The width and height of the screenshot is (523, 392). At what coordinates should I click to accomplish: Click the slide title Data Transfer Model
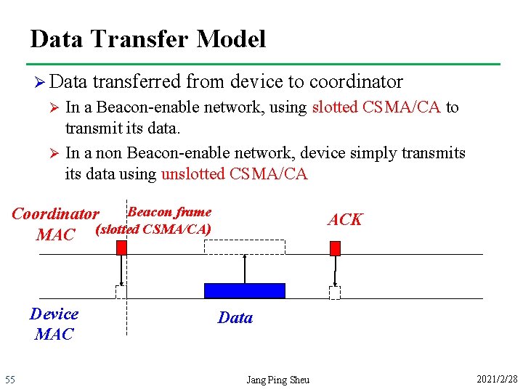[x=148, y=38]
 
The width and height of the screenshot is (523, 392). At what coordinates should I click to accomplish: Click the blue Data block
[x=245, y=290]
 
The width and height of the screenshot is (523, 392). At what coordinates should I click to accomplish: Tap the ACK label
[x=344, y=220]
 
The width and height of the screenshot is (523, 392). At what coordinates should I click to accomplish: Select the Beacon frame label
[x=169, y=212]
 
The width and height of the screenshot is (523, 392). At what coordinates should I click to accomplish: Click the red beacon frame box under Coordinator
[x=122, y=248]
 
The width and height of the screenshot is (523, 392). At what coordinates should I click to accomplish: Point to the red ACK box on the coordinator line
[x=335, y=248]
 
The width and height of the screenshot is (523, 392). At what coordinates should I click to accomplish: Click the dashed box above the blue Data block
[x=245, y=247]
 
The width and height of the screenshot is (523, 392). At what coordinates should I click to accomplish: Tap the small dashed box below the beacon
[x=121, y=292]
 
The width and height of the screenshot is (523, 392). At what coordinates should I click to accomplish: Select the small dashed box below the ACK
[x=334, y=293]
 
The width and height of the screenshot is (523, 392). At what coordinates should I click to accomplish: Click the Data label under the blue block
[x=235, y=317]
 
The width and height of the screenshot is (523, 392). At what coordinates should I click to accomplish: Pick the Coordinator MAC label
[x=55, y=224]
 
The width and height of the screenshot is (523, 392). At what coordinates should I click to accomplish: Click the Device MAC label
[x=54, y=324]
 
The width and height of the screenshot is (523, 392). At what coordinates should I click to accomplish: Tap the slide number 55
[x=10, y=380]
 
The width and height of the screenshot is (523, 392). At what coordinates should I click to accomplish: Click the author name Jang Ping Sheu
[x=277, y=380]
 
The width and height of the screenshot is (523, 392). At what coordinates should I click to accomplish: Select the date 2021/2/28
[x=497, y=380]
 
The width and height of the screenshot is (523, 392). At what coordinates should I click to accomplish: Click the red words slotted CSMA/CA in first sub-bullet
[x=376, y=107]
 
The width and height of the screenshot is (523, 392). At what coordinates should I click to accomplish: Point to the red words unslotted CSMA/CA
[x=234, y=173]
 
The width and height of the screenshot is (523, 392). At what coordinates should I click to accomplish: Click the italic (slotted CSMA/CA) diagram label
[x=153, y=229]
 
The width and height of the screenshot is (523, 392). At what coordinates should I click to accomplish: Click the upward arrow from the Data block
[x=245, y=268]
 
